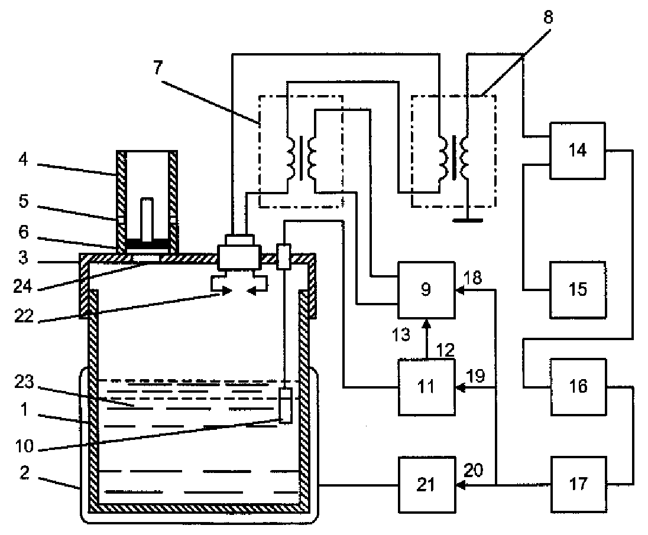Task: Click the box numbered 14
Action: coord(577,151)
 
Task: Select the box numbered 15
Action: coord(577,289)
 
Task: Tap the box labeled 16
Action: coord(578,387)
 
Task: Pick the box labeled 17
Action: coord(578,484)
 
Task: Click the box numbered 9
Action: coord(426,289)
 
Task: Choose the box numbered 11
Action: coord(426,387)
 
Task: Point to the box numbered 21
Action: coord(426,484)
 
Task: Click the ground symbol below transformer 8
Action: coord(468,220)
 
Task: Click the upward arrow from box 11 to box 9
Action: coord(426,338)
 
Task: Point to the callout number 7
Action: coord(158,67)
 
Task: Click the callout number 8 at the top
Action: coord(548,17)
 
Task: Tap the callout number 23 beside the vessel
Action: coord(24,382)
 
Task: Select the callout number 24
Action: coord(22,286)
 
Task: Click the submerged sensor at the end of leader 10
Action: coord(285,405)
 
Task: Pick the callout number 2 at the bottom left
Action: coord(24,472)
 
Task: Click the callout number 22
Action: coord(24,316)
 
